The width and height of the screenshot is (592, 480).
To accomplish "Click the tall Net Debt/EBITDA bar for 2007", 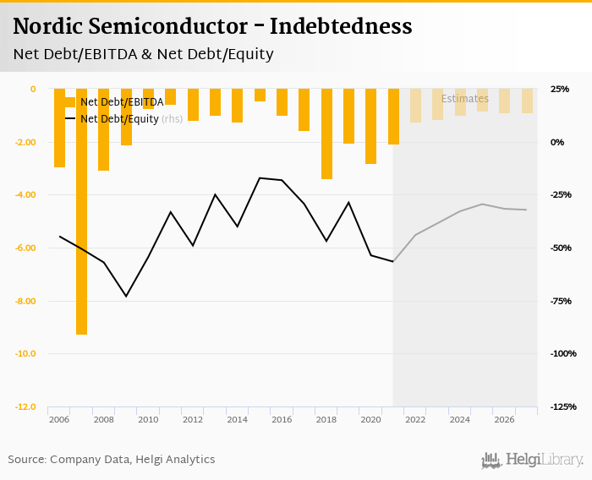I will (81, 211).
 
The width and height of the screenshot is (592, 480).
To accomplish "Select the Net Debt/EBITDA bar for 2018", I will (326, 134).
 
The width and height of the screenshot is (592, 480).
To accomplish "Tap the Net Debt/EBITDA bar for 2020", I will (370, 126).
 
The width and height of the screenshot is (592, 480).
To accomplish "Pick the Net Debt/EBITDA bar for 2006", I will (59, 128).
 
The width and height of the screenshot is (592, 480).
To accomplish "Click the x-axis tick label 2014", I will (237, 419).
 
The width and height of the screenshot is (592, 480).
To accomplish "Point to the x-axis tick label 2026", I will (504, 419).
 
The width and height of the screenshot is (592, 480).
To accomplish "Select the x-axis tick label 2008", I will (103, 419).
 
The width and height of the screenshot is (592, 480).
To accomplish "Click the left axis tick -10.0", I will (25, 353).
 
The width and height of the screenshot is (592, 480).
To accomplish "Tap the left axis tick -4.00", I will (25, 194).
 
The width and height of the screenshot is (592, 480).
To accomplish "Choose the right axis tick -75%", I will (561, 301).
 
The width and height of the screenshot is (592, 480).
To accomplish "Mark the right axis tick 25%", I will (560, 89).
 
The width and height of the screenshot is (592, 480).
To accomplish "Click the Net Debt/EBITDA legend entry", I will (115, 102).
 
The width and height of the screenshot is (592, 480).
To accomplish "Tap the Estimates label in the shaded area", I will (464, 99).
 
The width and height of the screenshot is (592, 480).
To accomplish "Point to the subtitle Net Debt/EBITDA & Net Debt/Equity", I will (144, 55).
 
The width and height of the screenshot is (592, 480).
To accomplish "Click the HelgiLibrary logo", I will (532, 460).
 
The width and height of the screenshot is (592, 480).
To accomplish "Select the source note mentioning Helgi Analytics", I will (112, 460).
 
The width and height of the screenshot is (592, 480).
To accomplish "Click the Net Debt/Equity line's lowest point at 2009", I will (126, 296).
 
